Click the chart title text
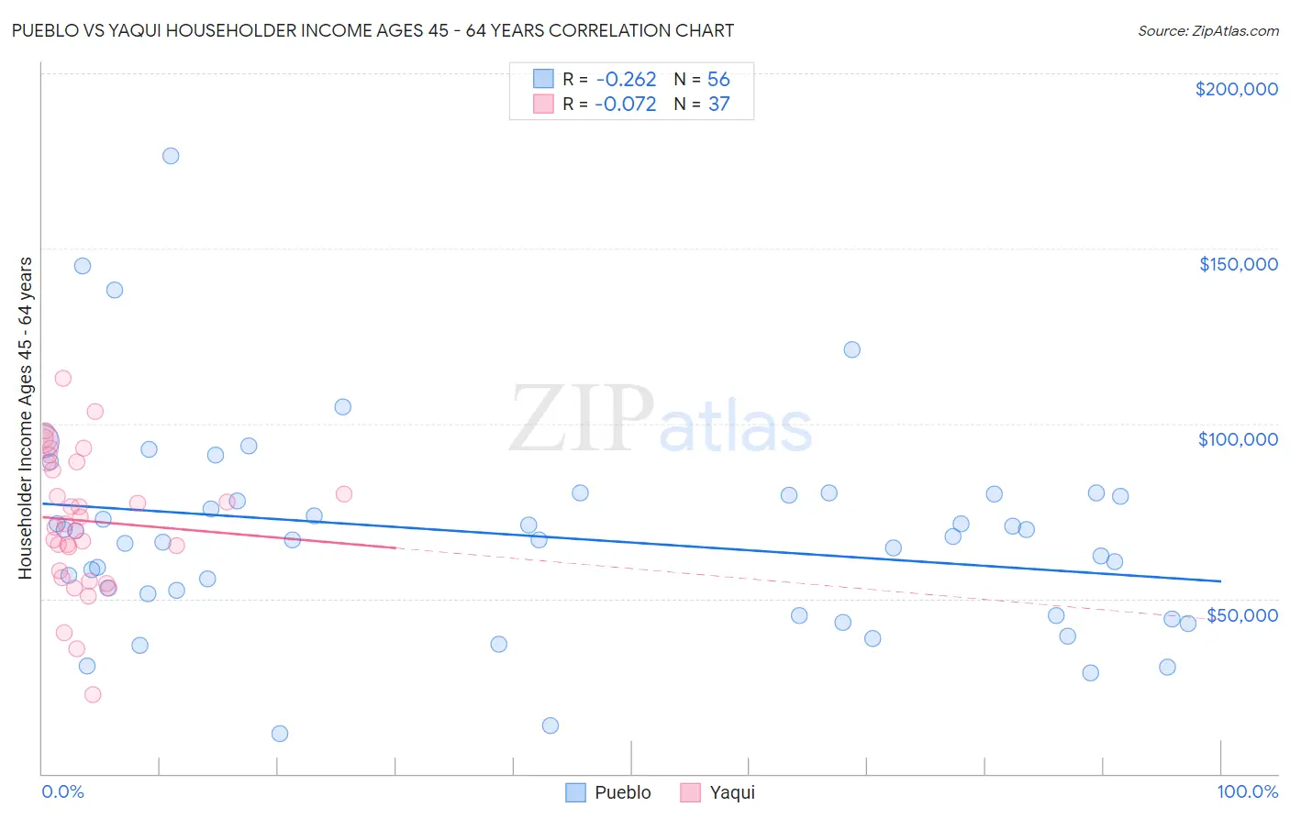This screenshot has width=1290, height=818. pyautogui.click(x=373, y=30)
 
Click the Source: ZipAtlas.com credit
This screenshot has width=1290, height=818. pyautogui.click(x=1207, y=31)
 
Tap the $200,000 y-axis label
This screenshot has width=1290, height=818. pyautogui.click(x=1236, y=89)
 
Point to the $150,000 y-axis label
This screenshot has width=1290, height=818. pyautogui.click(x=1238, y=264)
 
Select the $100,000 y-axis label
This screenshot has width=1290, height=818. pyautogui.click(x=1238, y=439)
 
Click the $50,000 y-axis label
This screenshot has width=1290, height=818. pyautogui.click(x=1241, y=614)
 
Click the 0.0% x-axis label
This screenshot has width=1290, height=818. pyautogui.click(x=62, y=791)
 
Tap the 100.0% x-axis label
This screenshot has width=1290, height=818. pyautogui.click(x=1247, y=791)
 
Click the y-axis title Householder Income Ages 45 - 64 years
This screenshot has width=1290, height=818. pyautogui.click(x=25, y=417)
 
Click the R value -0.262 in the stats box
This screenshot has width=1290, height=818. pyautogui.click(x=626, y=80)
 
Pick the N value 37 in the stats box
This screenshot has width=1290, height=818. pyautogui.click(x=718, y=105)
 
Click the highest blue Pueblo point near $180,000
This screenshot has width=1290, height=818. pyautogui.click(x=171, y=156)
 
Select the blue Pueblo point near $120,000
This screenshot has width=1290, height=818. pyautogui.click(x=851, y=349)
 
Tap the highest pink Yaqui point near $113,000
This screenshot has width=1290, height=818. pyautogui.click(x=62, y=378)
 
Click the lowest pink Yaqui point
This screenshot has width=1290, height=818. pyautogui.click(x=93, y=694)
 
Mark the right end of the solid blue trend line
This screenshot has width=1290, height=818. pyautogui.click(x=1220, y=580)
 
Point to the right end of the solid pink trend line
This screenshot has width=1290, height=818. pyautogui.click(x=395, y=547)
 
